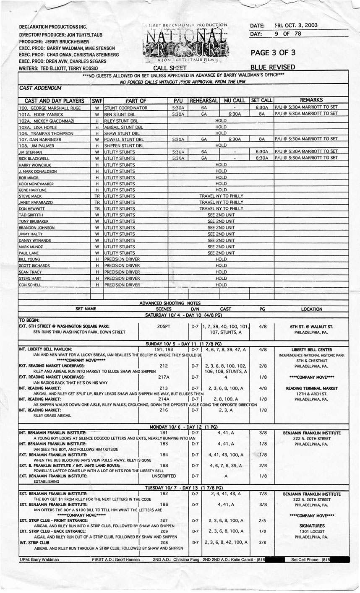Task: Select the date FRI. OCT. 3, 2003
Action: click(x=296, y=25)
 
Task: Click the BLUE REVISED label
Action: click(x=272, y=67)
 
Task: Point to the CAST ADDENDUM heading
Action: click(x=40, y=88)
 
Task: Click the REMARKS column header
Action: click(x=311, y=100)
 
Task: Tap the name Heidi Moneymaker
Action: click(x=36, y=184)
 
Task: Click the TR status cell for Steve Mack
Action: click(x=97, y=196)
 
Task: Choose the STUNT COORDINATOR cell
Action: click(x=126, y=108)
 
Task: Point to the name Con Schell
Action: click(x=30, y=285)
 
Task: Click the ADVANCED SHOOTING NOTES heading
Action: click(x=170, y=303)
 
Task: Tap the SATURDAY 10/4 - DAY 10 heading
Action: click(x=183, y=315)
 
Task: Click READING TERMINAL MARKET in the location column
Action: click(x=312, y=388)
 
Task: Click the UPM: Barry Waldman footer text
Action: click(x=39, y=559)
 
